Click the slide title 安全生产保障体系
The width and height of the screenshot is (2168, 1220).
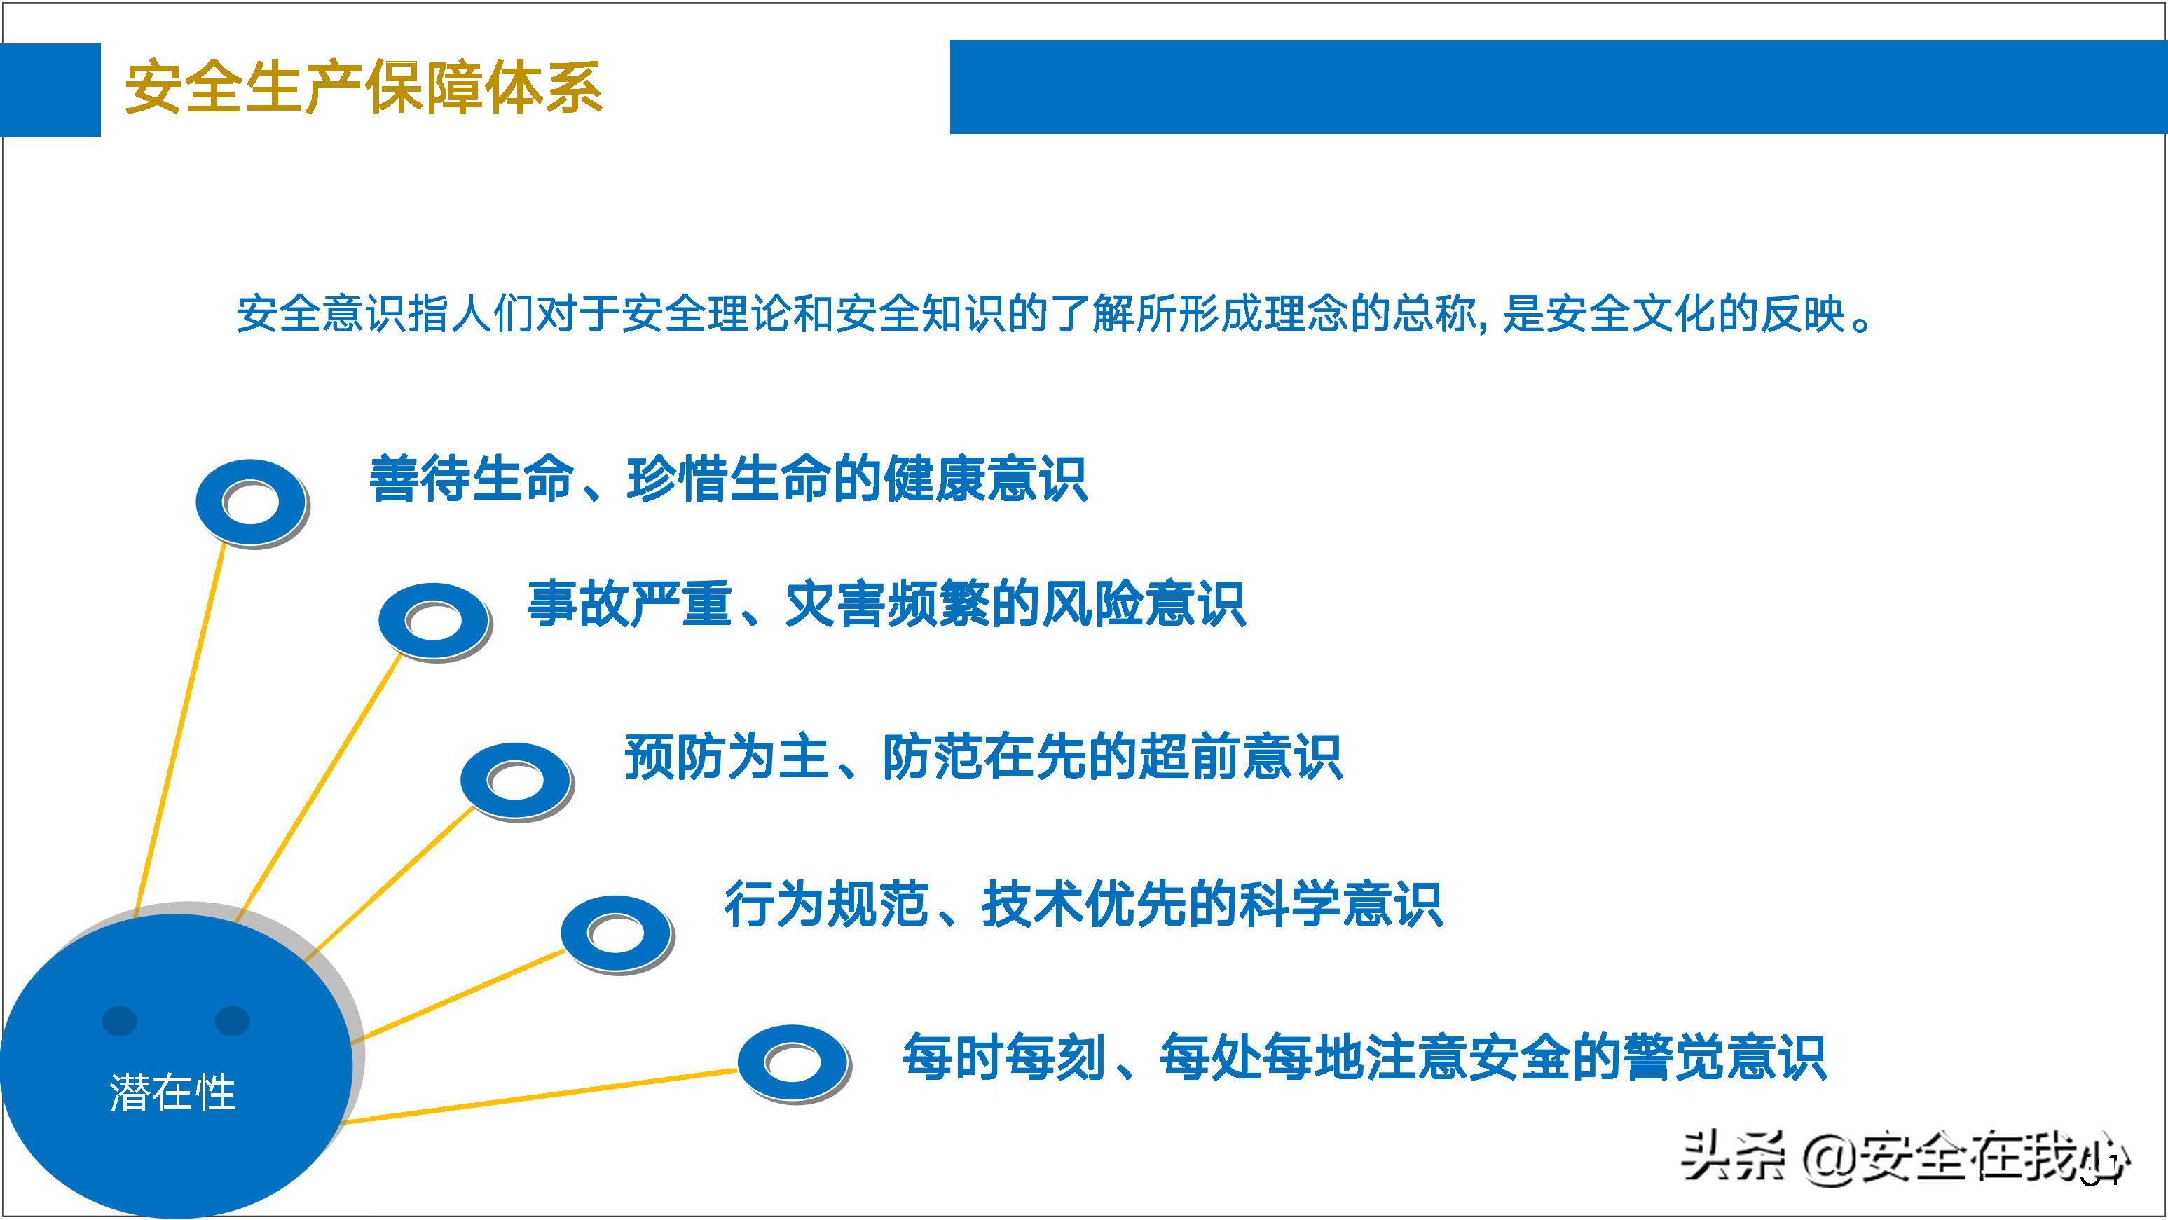click(x=363, y=88)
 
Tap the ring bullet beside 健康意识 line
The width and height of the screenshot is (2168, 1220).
click(x=251, y=502)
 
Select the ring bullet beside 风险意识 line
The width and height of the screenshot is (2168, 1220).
click(x=434, y=621)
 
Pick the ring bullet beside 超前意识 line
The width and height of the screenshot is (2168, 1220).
click(x=516, y=780)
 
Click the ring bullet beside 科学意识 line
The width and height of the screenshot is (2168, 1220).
click(x=616, y=932)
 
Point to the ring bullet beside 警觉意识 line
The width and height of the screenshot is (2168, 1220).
click(x=793, y=1062)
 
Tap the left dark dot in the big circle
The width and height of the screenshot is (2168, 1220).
click(x=120, y=1020)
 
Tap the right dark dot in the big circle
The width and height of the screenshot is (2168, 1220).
click(x=233, y=1020)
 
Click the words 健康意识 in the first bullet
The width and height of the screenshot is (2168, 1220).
click(x=984, y=479)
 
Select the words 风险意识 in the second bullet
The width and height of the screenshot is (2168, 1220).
click(x=1143, y=604)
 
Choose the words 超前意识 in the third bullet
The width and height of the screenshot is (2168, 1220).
click(x=1239, y=758)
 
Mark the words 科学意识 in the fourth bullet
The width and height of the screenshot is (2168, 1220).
click(x=1340, y=905)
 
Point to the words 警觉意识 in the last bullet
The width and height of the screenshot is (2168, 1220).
click(x=1724, y=1057)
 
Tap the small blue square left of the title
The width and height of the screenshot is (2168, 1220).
click(x=50, y=89)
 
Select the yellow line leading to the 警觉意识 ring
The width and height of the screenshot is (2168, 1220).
click(x=539, y=1095)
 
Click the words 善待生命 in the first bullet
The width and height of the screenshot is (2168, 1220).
click(x=472, y=479)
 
